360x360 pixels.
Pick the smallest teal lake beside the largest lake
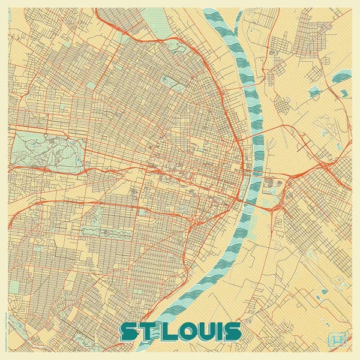tap(344, 94)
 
